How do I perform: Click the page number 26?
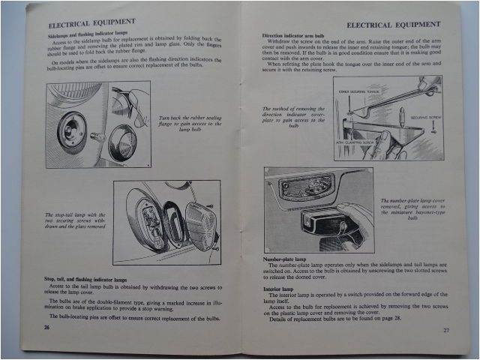47,328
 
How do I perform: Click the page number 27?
446,330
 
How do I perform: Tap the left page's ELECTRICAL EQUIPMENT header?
94,22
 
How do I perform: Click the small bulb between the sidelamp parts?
97,136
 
